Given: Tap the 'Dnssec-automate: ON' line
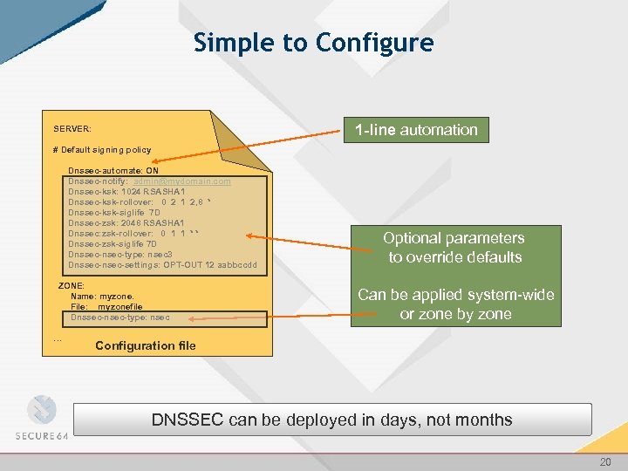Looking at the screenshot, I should pos(113,171).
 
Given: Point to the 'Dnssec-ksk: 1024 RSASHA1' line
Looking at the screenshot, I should pos(126,192).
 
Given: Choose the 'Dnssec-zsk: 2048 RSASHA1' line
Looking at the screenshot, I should pos(126,223).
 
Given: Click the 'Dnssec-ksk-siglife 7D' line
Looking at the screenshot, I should pos(114,213).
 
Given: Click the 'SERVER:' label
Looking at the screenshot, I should pos(72,129).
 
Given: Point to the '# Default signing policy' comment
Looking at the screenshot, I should pos(102,150).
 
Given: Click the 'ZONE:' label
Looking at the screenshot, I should pos(71,286).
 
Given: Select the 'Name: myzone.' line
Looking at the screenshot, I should pos(102,297).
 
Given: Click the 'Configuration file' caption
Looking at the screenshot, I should pos(146,346).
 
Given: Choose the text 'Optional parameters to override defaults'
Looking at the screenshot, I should pos(454,248).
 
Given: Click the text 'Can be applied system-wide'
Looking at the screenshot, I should pos(455,295).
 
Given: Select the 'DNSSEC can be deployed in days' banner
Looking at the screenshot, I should pos(331,420).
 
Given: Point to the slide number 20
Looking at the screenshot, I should pos(605,460).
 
